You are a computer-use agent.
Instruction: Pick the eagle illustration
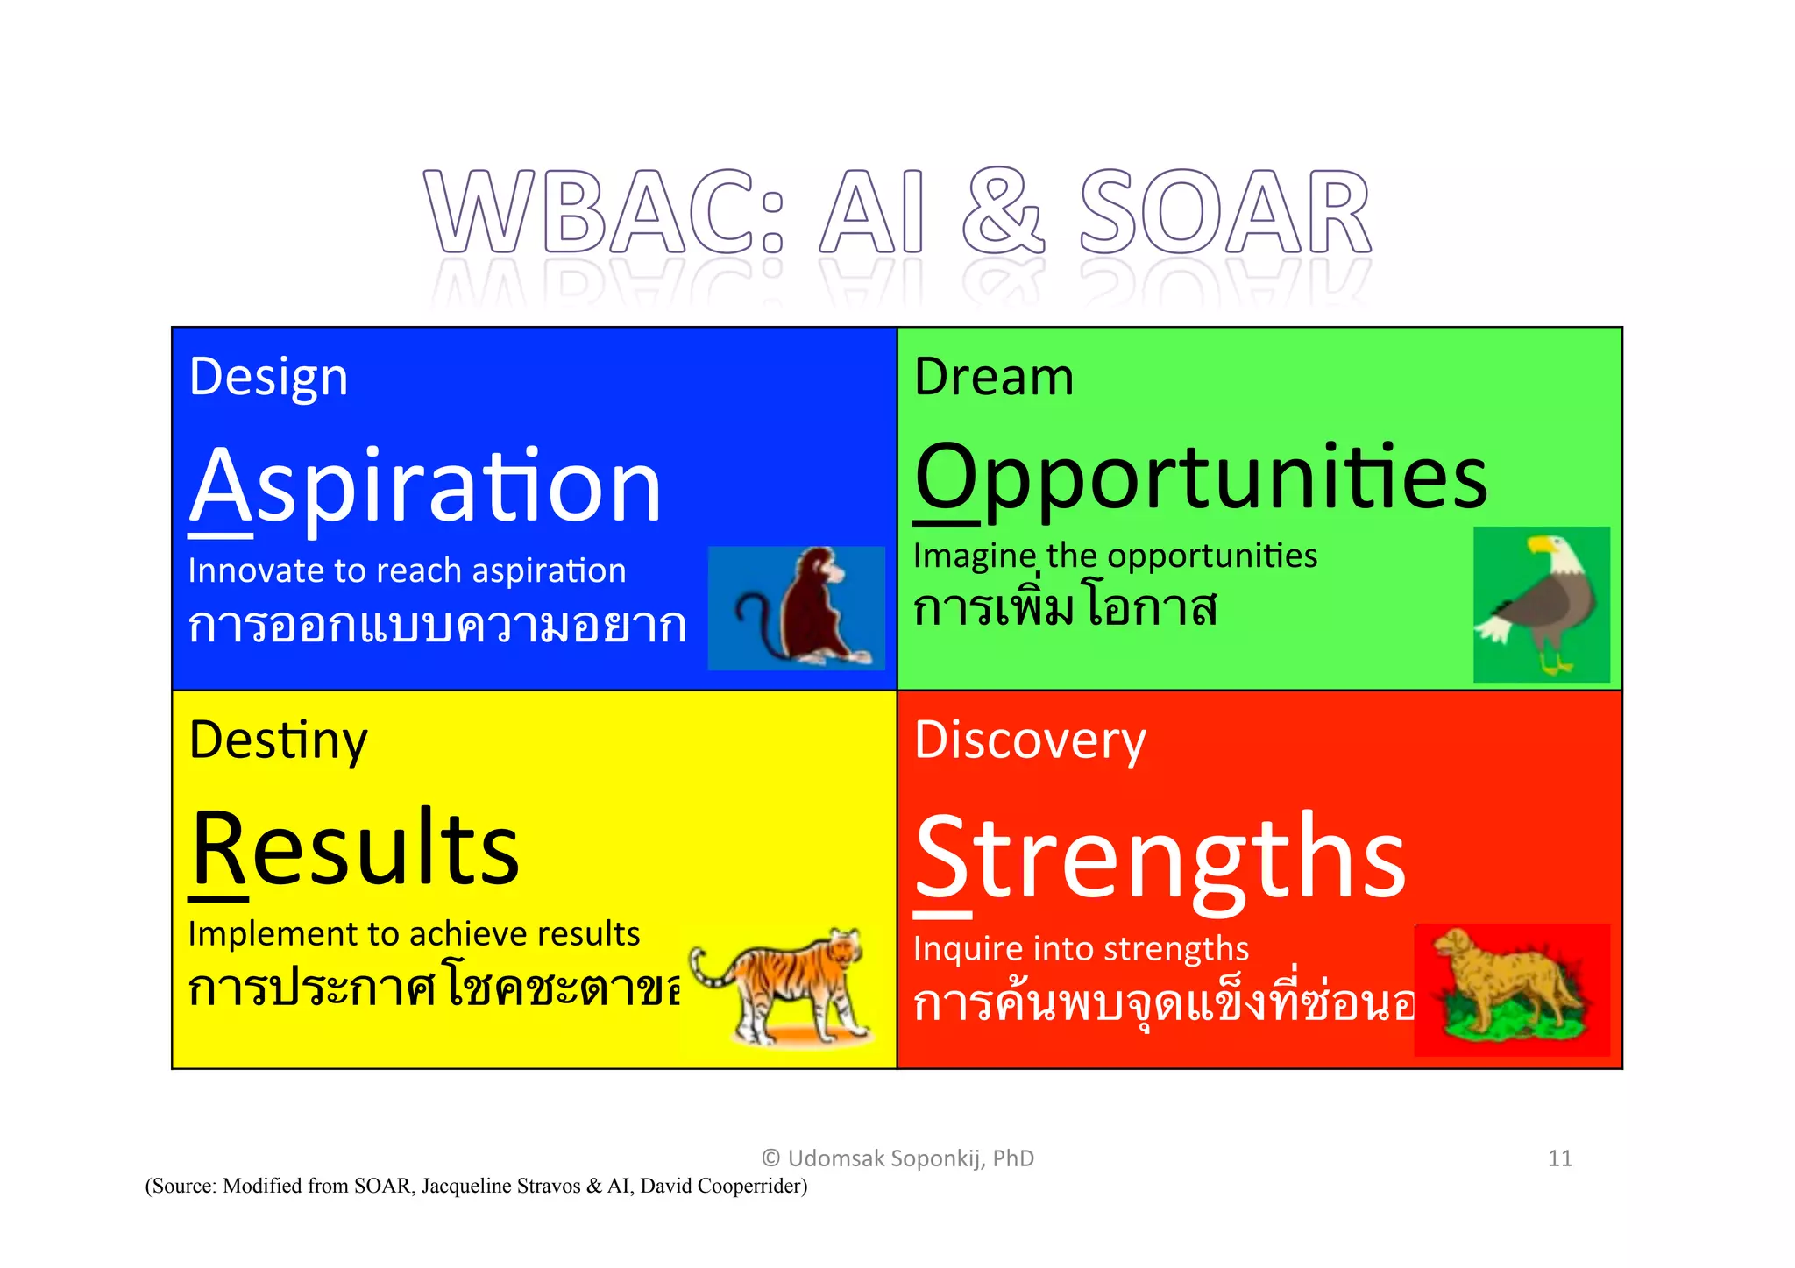pyautogui.click(x=1541, y=605)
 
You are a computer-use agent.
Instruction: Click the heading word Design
pyautogui.click(x=268, y=378)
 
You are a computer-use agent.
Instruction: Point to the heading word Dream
pyautogui.click(x=993, y=378)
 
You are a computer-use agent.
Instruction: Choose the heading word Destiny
pyautogui.click(x=278, y=741)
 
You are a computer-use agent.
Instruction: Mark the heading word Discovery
pyautogui.click(x=1030, y=741)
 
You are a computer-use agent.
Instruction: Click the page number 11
pyautogui.click(x=1559, y=1158)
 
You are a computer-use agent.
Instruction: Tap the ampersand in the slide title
pyautogui.click(x=1003, y=212)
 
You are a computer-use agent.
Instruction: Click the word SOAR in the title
pyautogui.click(x=1224, y=212)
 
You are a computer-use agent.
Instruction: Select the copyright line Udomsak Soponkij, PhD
pyautogui.click(x=898, y=1158)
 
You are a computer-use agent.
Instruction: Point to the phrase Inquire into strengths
pyautogui.click(x=1081, y=949)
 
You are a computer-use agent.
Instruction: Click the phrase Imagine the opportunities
pyautogui.click(x=1115, y=556)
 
